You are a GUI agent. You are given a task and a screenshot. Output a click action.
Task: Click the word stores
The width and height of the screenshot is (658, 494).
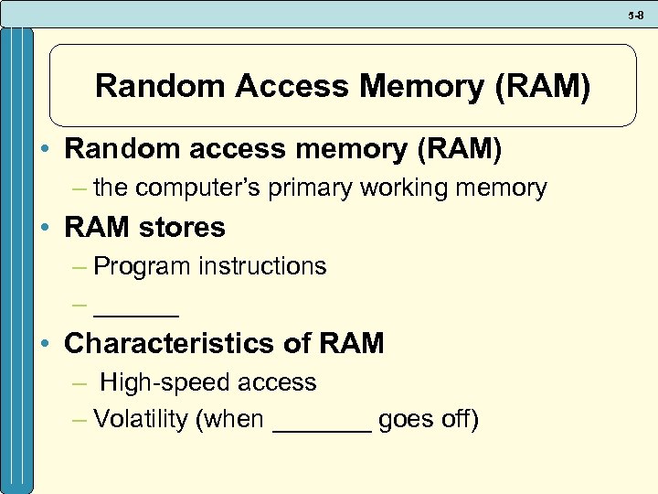pos(181,227)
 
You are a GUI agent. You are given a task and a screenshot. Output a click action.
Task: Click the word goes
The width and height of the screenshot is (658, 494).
pos(405,422)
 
